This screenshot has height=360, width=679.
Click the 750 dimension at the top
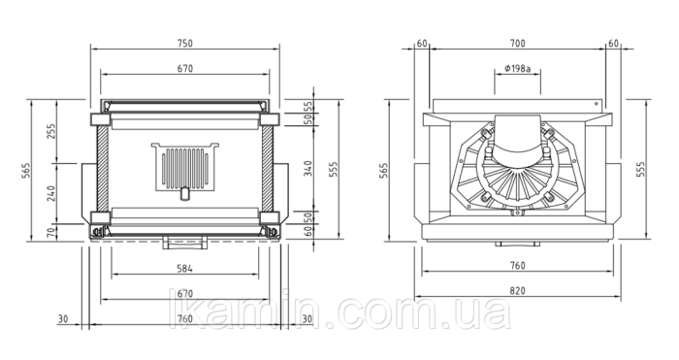pos(185,44)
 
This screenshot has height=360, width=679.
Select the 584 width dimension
pos(185,269)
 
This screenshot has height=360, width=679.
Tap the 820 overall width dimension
pos(517,291)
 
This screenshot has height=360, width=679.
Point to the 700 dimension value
pos(517,44)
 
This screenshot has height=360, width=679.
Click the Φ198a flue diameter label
pos(517,69)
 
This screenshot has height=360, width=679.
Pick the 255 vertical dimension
pos(51,132)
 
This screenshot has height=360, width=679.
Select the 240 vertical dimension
pos(51,193)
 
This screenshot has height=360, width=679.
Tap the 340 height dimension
pos(307,169)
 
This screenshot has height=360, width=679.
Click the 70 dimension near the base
pos(51,232)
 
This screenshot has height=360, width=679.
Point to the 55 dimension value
pos(307,106)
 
